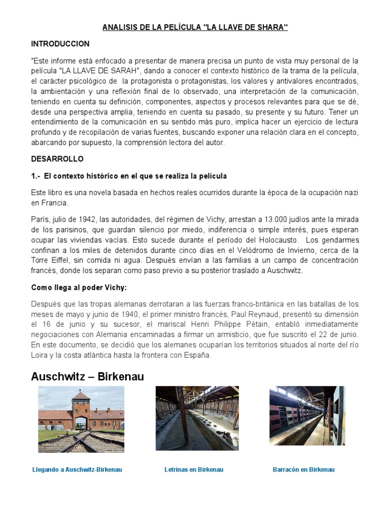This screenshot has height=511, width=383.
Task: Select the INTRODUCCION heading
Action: tap(60, 44)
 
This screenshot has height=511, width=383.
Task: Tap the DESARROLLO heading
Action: tap(57, 159)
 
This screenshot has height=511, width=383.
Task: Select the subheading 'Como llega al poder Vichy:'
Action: tap(79, 287)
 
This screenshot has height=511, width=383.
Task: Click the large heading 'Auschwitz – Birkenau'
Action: tap(87, 377)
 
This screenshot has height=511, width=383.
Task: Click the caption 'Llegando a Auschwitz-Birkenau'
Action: tap(77, 470)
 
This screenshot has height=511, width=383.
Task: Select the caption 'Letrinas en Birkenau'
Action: tap(193, 470)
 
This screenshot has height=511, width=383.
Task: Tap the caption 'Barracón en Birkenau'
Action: tap(304, 470)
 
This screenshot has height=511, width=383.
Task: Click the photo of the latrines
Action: tap(196, 418)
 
